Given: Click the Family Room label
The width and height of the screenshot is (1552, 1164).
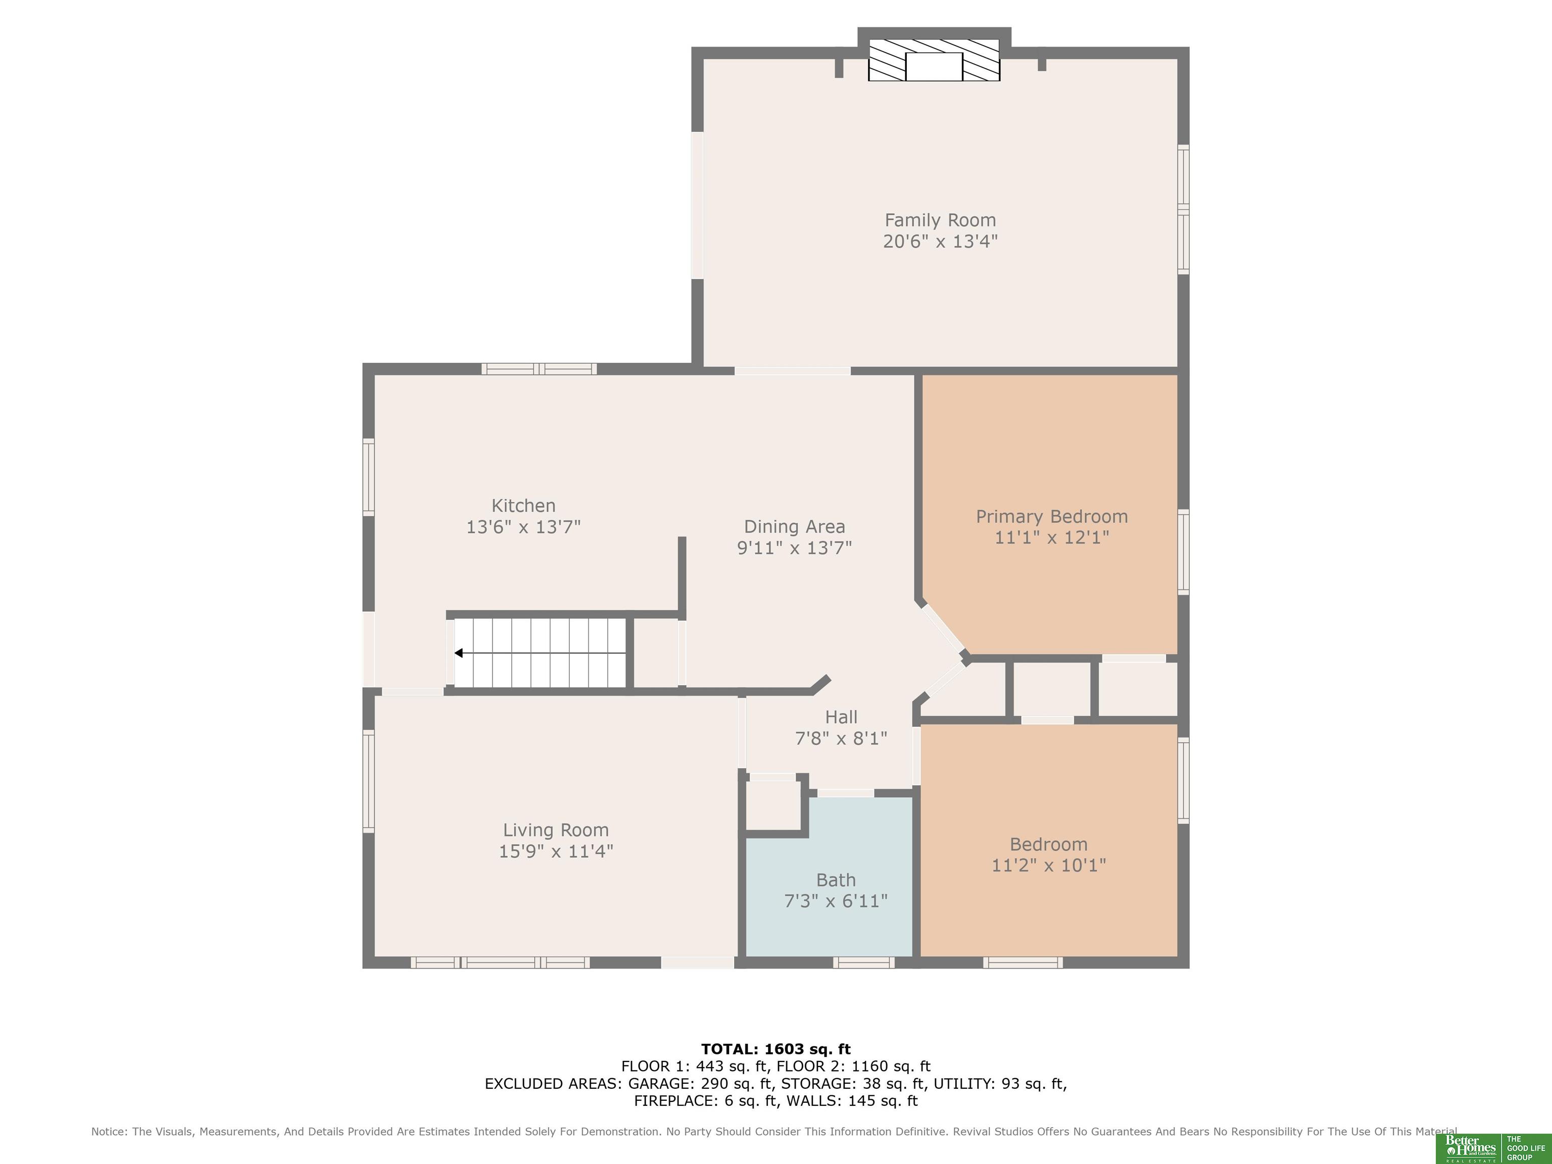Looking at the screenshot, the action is coord(940,220).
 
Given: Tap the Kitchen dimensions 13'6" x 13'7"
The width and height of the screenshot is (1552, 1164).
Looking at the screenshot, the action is coord(523,527).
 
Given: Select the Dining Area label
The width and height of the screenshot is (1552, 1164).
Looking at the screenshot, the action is coord(794,526).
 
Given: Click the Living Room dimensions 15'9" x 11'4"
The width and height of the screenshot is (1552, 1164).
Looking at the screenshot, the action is coord(556,851).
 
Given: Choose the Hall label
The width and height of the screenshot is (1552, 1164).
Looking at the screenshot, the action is coord(841,716).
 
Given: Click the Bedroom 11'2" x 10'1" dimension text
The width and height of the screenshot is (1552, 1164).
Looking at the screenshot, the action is coord(1048,865).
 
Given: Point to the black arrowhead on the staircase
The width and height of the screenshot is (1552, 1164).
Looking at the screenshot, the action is coord(458,653).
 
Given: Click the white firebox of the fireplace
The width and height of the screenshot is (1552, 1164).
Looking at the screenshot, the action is coord(934,67).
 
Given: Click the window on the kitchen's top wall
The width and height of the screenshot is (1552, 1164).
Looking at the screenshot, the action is coord(539,369).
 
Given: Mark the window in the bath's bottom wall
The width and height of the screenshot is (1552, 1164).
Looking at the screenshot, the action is coord(864,962).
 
